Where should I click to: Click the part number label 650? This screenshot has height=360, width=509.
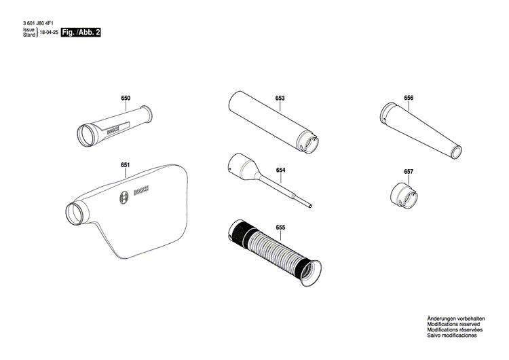(x=126, y=98)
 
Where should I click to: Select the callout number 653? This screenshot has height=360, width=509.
(x=280, y=98)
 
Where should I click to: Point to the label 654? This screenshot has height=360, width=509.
(x=280, y=170)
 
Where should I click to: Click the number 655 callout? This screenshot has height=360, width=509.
(x=280, y=226)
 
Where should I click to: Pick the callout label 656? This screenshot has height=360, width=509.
(x=408, y=98)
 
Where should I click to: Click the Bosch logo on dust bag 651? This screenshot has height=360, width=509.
(x=124, y=198)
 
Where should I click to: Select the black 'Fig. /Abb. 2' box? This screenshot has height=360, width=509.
(x=80, y=32)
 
